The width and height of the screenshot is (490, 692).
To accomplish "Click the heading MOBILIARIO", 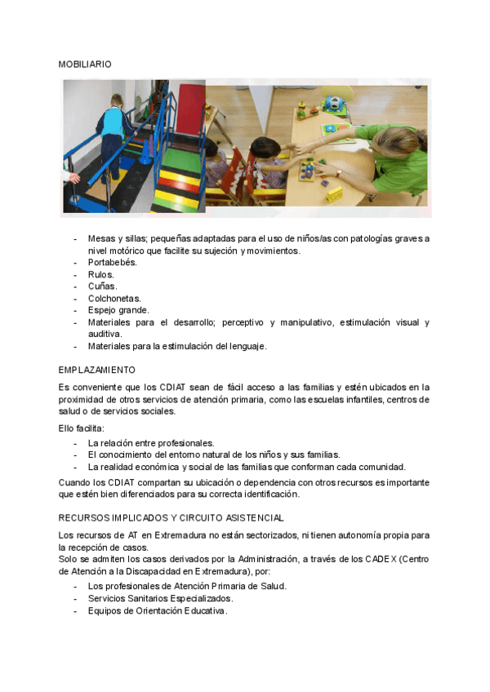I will click(85, 64).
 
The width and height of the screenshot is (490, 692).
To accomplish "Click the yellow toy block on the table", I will click(334, 193).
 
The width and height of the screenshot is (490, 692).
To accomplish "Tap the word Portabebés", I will click(113, 263).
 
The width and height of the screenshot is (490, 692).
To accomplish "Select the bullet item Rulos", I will click(101, 274).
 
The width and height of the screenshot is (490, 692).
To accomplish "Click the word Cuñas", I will click(103, 286).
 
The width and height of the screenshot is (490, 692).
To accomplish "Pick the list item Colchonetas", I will click(114, 299).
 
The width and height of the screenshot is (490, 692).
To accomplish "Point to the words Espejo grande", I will click(118, 310).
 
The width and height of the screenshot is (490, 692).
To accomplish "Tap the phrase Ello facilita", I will click(82, 428).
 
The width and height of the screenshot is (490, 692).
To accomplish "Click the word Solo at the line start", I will click(69, 559).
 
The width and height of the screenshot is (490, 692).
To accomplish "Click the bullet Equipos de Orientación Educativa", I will click(157, 610).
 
